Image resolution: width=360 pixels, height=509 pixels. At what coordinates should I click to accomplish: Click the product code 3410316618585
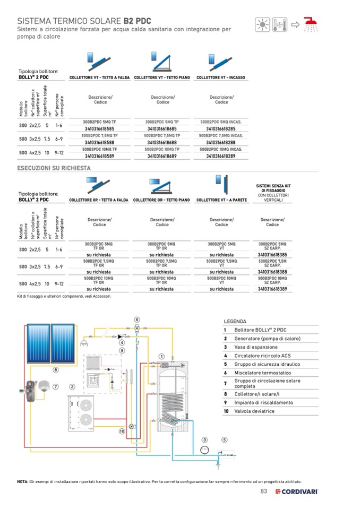click(99, 128)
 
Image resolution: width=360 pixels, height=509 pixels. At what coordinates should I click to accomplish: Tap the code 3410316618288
click(220, 142)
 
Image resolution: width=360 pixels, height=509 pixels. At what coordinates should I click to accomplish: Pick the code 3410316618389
click(272, 289)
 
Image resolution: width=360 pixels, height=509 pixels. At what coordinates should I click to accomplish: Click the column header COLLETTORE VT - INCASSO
click(221, 77)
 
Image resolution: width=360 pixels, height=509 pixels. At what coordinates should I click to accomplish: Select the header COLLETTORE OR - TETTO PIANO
click(162, 200)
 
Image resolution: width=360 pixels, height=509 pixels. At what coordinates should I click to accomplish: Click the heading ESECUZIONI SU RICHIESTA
click(54, 168)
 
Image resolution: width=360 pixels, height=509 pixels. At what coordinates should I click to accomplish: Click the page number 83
click(263, 491)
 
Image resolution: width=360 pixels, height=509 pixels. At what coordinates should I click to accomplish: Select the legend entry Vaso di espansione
click(256, 347)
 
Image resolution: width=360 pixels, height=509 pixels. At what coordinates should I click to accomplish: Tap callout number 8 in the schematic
click(55, 369)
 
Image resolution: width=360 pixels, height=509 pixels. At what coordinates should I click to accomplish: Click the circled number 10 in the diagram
click(122, 431)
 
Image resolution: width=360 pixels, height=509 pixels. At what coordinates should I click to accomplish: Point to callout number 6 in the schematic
click(136, 320)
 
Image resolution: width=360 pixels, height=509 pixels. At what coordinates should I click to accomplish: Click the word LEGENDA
click(235, 321)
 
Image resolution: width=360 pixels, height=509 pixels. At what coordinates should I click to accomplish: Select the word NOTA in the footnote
click(23, 481)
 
